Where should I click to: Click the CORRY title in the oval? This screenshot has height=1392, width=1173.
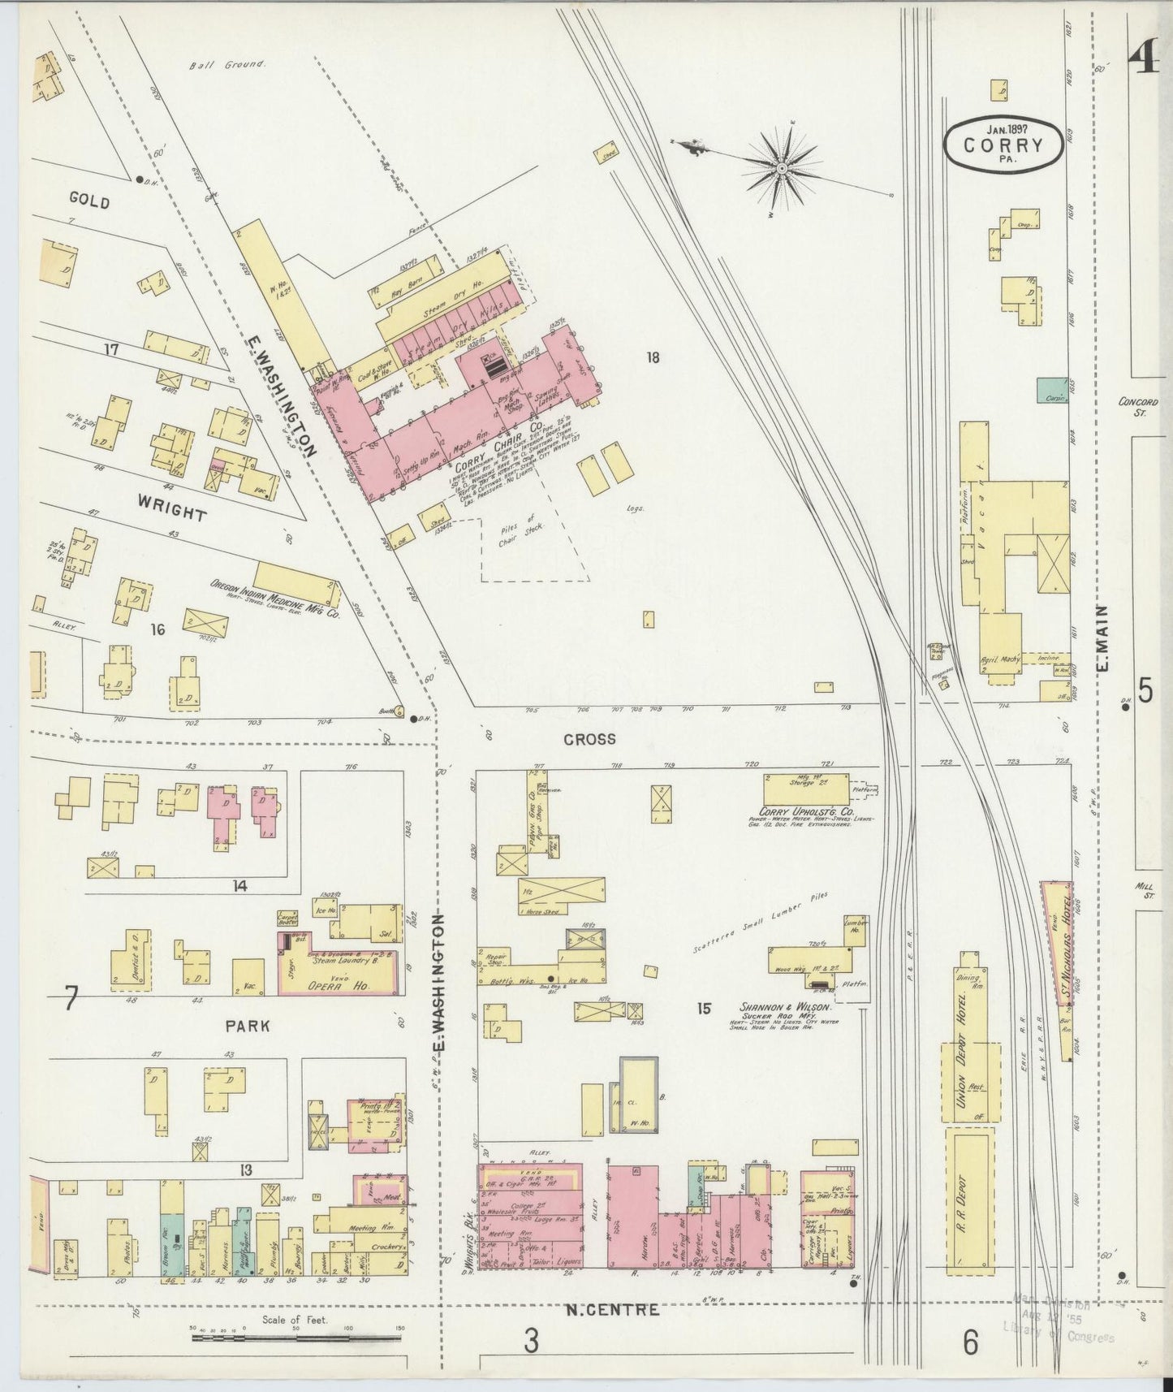[1003, 146]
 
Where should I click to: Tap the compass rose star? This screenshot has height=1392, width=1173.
[781, 168]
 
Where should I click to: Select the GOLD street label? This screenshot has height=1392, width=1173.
[89, 201]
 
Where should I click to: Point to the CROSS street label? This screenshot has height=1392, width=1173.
[590, 739]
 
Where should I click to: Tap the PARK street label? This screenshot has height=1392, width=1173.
[248, 1026]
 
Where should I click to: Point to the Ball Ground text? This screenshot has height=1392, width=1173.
[226, 64]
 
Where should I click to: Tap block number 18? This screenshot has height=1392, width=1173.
[652, 357]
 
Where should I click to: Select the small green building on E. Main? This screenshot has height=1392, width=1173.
[1052, 389]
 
